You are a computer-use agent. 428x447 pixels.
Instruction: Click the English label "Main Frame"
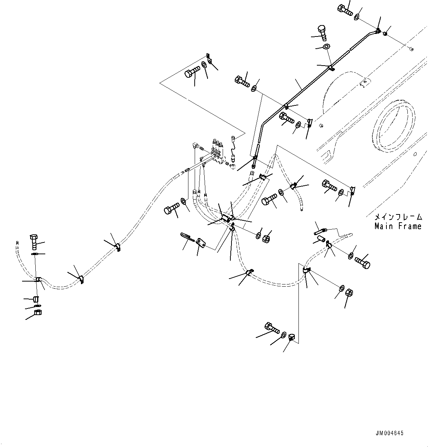(x=397, y=226)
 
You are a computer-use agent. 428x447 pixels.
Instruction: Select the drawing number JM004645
(x=390, y=433)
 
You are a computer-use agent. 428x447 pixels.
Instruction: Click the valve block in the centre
(x=219, y=154)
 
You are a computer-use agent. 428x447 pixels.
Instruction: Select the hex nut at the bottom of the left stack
(x=38, y=313)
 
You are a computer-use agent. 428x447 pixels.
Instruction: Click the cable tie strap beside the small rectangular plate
(x=187, y=236)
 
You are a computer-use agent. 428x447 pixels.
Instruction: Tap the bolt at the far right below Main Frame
(x=362, y=262)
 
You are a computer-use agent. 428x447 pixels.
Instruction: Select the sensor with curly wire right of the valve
(x=233, y=147)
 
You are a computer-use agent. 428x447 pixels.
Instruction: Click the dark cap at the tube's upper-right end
(x=385, y=34)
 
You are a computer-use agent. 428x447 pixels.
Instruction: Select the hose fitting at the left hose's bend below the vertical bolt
(x=38, y=279)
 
